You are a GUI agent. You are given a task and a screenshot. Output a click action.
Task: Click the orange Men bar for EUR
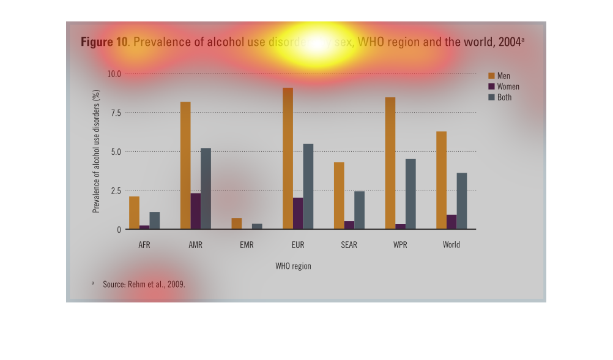(288, 159)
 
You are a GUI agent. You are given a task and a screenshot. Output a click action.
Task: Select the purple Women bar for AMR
(195, 211)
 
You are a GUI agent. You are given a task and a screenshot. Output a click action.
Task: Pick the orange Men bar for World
(441, 181)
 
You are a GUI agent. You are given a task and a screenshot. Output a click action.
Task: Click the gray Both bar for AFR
(155, 221)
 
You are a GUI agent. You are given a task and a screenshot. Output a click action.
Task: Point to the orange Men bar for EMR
(237, 223)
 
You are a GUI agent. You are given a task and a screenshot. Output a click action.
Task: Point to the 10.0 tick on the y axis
(114, 73)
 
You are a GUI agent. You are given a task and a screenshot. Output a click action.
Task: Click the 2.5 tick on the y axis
(116, 190)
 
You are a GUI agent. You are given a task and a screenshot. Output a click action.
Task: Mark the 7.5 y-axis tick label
(116, 113)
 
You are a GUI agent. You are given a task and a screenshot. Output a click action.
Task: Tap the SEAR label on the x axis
(349, 245)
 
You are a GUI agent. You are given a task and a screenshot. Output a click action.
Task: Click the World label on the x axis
(451, 245)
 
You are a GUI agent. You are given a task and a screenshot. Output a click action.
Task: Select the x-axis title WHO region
(293, 266)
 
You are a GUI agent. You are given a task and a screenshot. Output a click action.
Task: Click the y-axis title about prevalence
(96, 151)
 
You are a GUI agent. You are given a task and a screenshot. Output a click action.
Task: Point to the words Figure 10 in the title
(104, 42)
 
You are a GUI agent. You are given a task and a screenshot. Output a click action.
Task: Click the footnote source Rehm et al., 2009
(144, 285)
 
